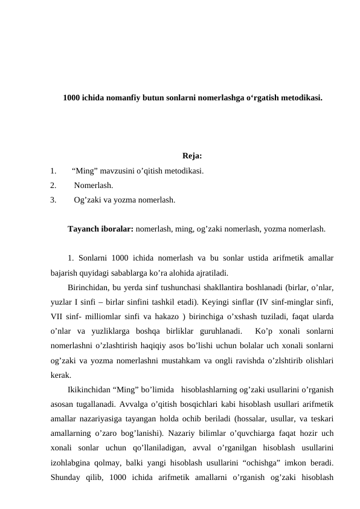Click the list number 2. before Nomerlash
[54, 184]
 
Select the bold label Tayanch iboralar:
[101, 229]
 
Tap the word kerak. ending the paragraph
[62, 374]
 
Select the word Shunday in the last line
[68, 478]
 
